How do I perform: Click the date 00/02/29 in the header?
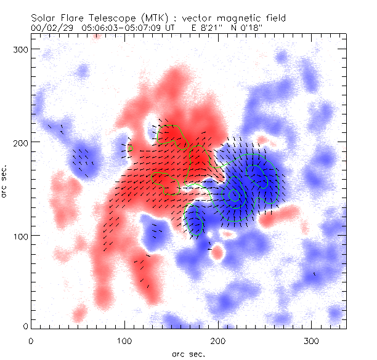tap(51, 28)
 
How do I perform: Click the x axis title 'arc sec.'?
tap(187, 354)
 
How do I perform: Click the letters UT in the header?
tap(170, 28)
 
